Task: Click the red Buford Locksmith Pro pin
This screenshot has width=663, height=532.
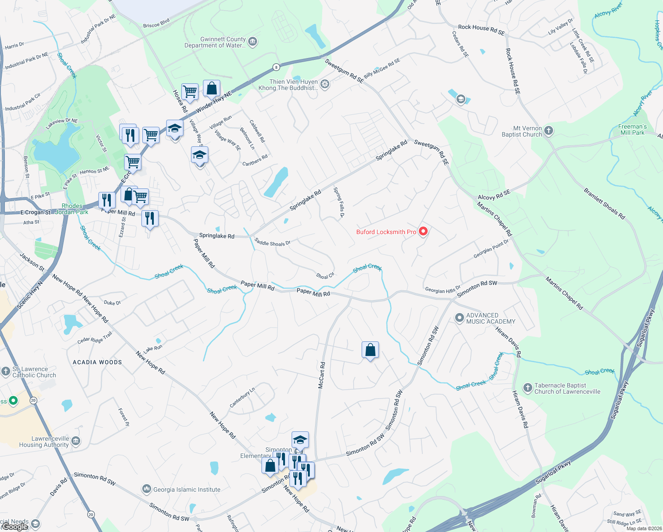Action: coord(423,231)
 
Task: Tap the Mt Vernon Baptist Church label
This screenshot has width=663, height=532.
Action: coord(522,131)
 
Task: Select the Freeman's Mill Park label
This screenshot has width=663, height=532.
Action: coord(632,129)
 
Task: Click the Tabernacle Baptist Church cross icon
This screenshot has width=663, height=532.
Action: coord(527,388)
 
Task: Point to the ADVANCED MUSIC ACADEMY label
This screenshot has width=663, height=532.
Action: coord(491,318)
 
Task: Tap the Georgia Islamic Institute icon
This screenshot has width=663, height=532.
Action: coord(147,489)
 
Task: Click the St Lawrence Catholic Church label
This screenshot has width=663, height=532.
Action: coord(34,372)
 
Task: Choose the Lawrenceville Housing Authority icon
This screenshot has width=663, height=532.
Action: coord(76,441)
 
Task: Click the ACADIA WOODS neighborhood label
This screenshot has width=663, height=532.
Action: coord(97,362)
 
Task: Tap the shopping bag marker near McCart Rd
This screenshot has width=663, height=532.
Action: coord(370,350)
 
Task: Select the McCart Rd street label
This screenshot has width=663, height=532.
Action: coord(322,376)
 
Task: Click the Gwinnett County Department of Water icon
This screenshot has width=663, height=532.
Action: coord(253,42)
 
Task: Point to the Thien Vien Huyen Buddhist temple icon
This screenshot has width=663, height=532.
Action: coord(325,85)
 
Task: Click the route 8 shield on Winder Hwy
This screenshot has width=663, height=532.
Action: coord(276,67)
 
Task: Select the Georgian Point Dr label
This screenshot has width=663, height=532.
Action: coord(491,249)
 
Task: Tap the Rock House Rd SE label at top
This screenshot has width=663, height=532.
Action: coord(481,30)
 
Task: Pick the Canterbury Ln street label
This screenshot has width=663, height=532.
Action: coord(242,397)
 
